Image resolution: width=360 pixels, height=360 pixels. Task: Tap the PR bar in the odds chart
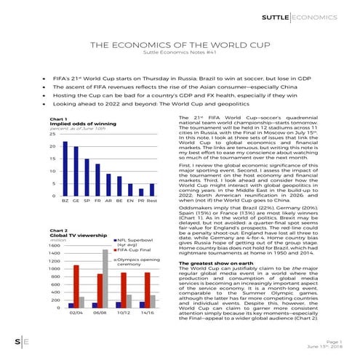pos(140,191)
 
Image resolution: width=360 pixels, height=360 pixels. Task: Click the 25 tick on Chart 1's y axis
pos(52,134)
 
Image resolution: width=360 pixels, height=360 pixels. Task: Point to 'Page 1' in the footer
pos(337,340)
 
